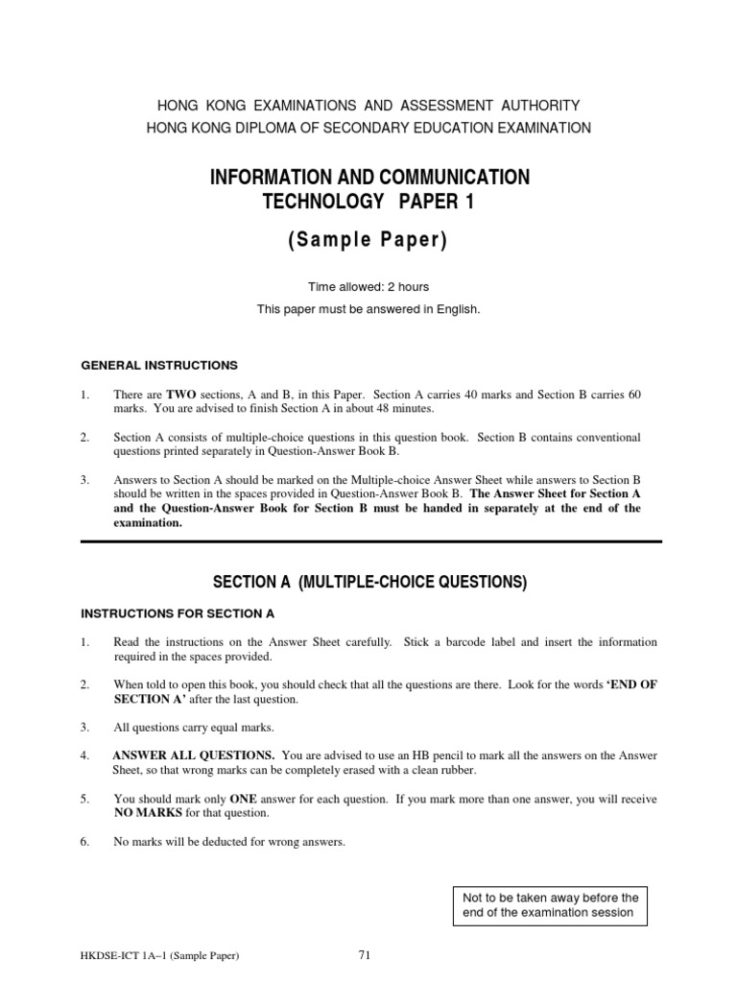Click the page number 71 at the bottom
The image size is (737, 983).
coord(364,955)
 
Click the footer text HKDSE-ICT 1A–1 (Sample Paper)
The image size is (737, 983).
coord(160,956)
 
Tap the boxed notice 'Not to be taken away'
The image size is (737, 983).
coord(550,905)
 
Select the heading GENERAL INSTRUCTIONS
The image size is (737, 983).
coord(158,365)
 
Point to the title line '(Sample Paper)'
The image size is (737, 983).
coord(368,240)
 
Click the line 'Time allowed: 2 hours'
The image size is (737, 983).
coord(368,287)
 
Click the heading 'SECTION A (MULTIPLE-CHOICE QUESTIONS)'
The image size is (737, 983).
coord(369,582)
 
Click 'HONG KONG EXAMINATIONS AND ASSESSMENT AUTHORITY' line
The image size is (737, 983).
coord(368,105)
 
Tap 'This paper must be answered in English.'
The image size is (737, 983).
coord(368,309)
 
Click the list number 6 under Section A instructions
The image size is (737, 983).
coord(85,842)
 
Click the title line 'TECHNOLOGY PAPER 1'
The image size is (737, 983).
coord(368,203)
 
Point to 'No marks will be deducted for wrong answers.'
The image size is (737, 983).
coord(229,842)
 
